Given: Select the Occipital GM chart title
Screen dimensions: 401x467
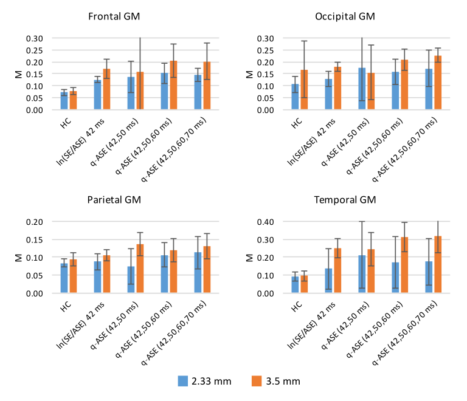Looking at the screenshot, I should pos(345,16).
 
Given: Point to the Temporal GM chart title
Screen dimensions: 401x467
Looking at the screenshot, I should pos(345,200).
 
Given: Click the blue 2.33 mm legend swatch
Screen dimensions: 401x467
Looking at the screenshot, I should pos(182,381).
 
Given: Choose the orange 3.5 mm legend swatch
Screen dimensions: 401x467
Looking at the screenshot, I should pos(255,381).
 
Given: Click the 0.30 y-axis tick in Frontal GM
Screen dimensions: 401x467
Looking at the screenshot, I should pos(35,38).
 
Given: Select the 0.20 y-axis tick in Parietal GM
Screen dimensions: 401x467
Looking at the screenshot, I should pos(35,222).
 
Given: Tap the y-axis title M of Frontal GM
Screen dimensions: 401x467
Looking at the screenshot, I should pos(18,74).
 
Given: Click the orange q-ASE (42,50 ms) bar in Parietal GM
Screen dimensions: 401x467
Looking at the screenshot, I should pos(140,269).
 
